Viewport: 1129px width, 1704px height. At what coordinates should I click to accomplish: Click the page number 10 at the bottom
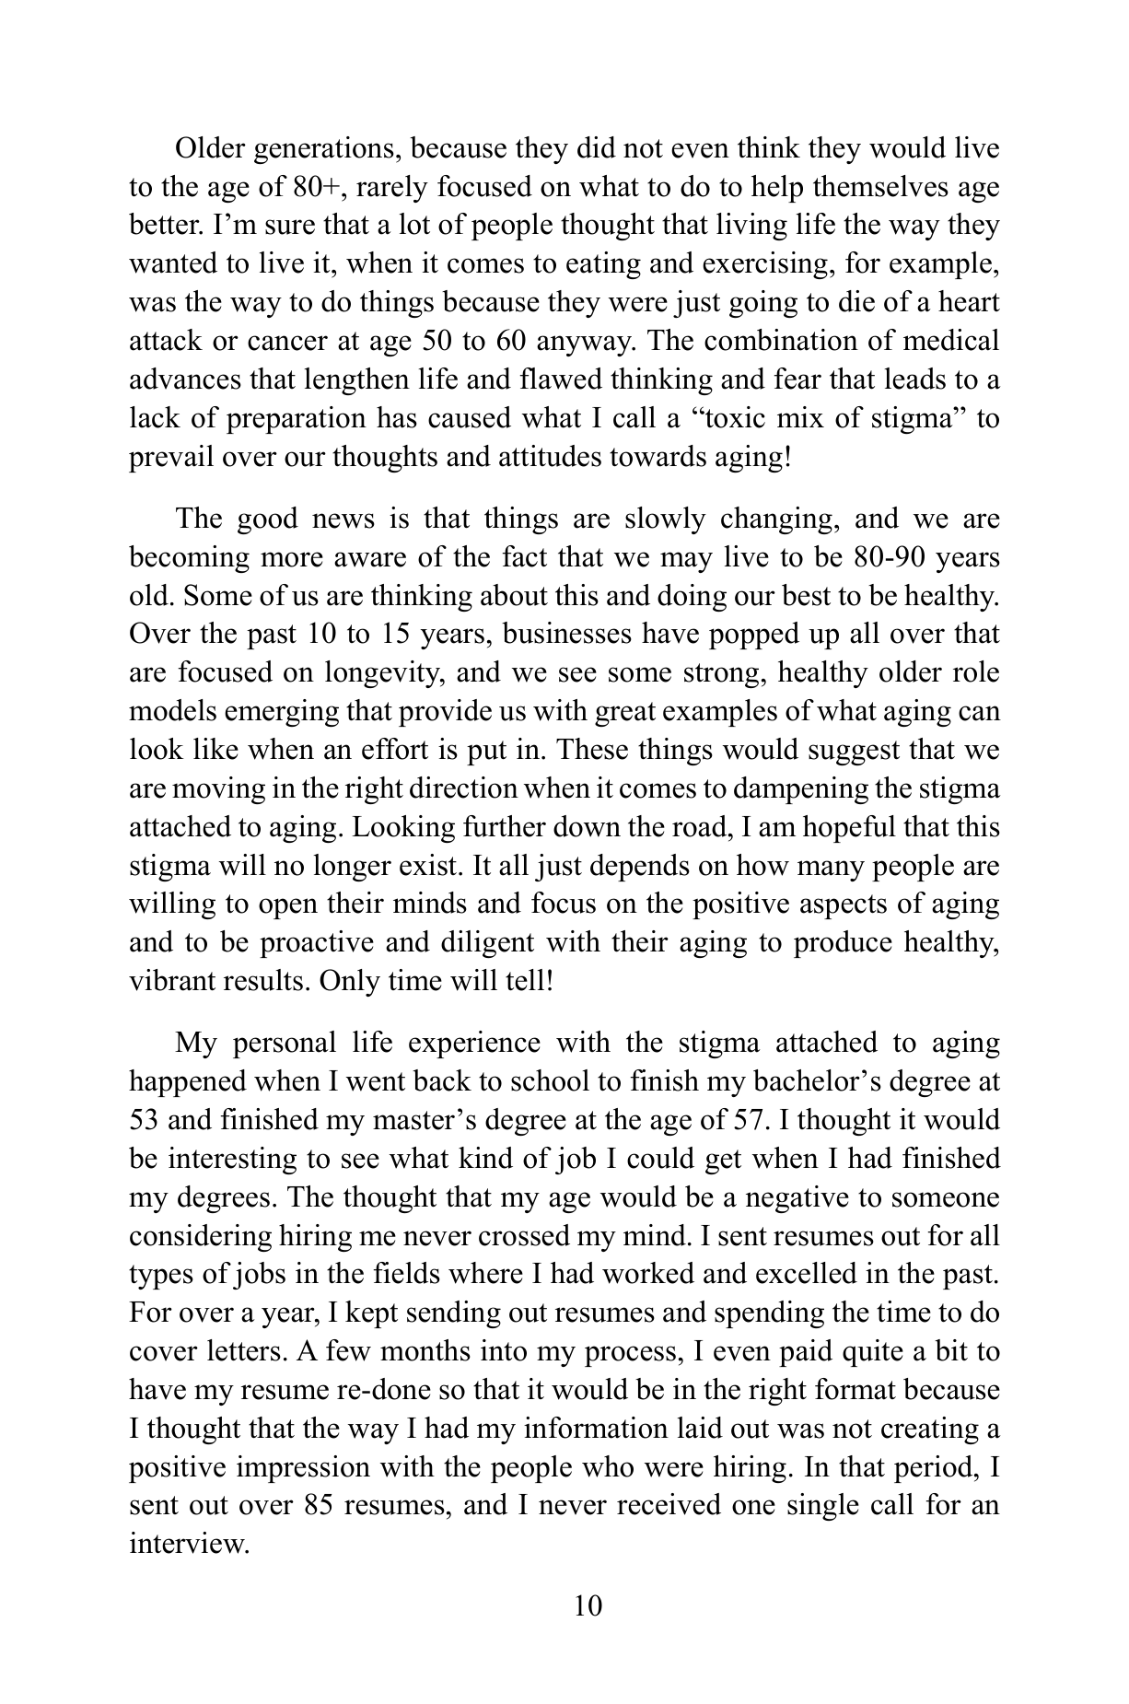coord(588,1606)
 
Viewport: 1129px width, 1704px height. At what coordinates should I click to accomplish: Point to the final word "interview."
coord(190,1545)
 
